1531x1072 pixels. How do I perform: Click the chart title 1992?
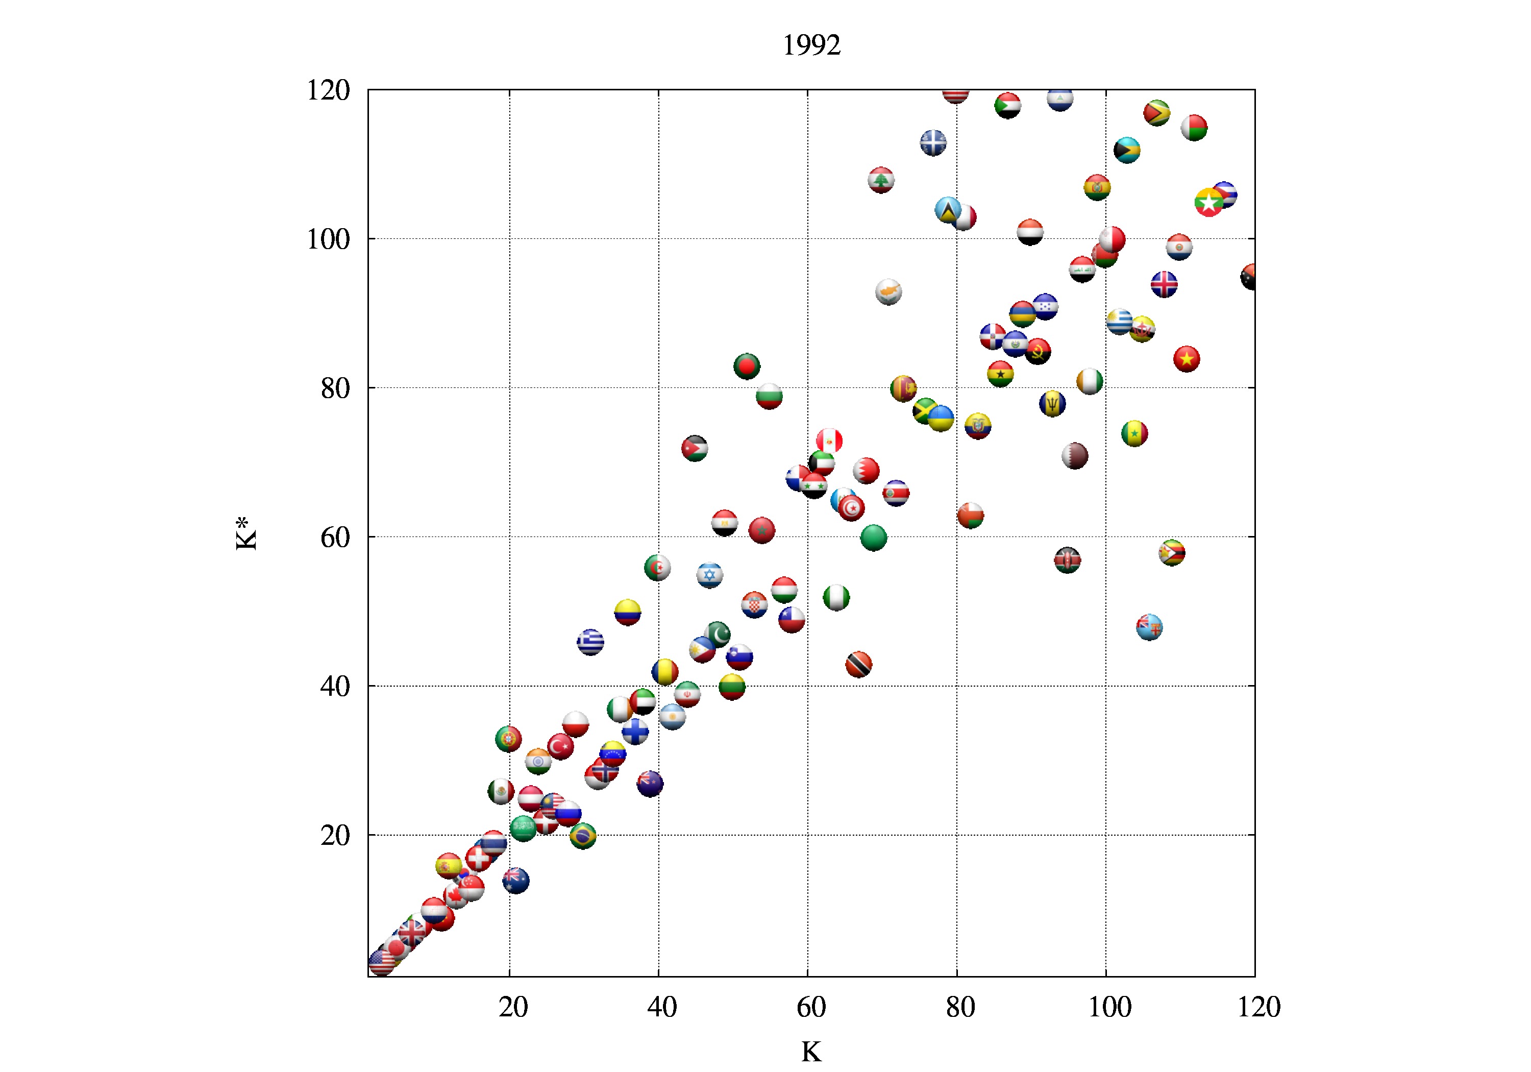click(811, 45)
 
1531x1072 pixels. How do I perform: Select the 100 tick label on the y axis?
click(328, 239)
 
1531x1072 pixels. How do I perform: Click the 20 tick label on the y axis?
click(335, 835)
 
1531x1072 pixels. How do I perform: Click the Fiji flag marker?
click(1149, 627)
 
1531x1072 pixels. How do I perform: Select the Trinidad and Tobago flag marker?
click(858, 665)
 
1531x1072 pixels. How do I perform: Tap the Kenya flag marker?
click(1068, 561)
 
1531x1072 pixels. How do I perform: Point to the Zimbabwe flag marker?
click(1172, 553)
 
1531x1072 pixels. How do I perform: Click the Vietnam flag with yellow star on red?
click(1186, 359)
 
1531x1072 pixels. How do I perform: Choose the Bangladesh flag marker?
click(747, 366)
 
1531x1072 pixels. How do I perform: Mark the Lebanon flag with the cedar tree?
click(881, 180)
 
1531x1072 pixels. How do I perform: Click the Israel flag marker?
click(709, 575)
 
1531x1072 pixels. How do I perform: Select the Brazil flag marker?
click(583, 835)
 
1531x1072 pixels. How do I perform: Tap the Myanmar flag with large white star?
click(1209, 202)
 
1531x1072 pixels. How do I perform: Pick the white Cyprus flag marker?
click(888, 291)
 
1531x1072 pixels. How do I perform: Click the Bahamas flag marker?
click(1127, 150)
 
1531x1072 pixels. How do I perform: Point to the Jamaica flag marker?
click(926, 411)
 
